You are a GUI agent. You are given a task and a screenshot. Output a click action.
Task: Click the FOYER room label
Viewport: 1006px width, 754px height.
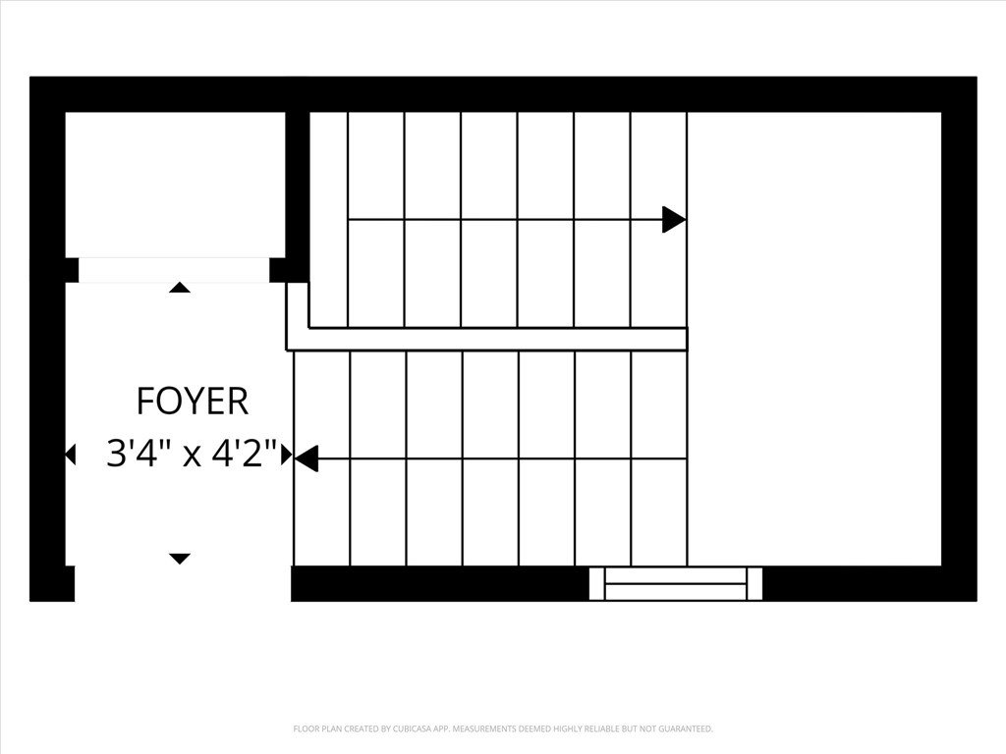[x=192, y=402]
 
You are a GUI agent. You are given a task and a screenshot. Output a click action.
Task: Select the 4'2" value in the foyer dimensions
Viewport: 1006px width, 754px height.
[x=247, y=454]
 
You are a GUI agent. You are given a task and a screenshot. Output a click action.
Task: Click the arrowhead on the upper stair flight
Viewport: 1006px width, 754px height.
[x=674, y=220]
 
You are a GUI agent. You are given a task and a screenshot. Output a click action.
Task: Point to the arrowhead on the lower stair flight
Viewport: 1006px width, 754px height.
[x=307, y=458]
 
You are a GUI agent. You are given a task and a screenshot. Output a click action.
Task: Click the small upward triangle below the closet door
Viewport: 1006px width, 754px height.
[x=180, y=288]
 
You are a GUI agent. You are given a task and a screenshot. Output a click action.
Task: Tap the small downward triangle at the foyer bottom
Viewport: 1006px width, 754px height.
[x=180, y=559]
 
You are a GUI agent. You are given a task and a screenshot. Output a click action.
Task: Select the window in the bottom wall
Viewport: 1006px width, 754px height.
[x=676, y=583]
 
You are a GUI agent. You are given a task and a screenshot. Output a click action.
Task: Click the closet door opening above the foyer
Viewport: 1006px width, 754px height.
[x=174, y=270]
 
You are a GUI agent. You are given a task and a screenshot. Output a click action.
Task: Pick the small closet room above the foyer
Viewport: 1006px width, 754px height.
[x=175, y=185]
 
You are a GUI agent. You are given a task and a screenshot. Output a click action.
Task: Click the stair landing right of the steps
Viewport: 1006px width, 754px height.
[x=814, y=339]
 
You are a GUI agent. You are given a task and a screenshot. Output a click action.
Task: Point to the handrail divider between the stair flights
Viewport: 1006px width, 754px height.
[x=486, y=339]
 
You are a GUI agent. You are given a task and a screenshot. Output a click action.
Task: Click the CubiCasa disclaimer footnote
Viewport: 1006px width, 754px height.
[x=503, y=729]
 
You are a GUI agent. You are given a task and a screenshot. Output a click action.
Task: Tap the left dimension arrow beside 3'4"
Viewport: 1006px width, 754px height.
[x=70, y=455]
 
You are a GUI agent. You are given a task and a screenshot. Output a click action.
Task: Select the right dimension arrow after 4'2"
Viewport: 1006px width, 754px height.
[x=287, y=455]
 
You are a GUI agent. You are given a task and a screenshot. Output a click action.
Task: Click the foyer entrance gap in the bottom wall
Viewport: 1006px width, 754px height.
[x=183, y=583]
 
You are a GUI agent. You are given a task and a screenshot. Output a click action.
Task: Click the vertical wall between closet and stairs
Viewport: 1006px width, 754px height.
[x=298, y=196]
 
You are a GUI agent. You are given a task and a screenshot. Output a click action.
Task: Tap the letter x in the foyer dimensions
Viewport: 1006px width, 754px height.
[x=192, y=457]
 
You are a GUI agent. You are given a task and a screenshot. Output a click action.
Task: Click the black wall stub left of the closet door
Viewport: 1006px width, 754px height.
[x=72, y=270]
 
